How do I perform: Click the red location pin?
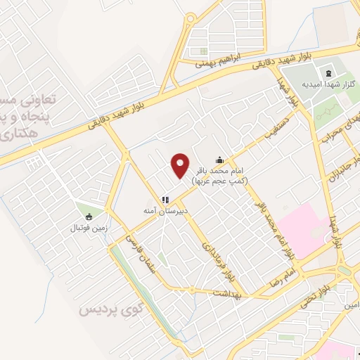click(x=181, y=165)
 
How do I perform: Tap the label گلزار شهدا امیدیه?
click(x=326, y=84)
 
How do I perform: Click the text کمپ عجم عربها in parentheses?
click(x=229, y=181)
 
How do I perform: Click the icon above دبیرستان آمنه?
click(x=167, y=200)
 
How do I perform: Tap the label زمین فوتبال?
click(x=86, y=228)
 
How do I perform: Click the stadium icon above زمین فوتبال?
click(x=88, y=217)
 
